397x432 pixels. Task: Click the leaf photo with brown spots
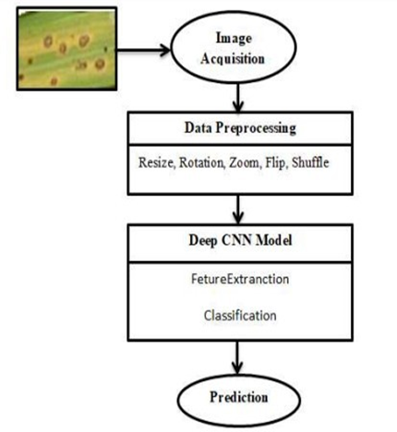(x=66, y=49)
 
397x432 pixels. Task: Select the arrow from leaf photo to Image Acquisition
(x=143, y=50)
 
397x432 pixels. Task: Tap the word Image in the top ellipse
(x=234, y=38)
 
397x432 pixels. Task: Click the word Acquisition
(x=233, y=58)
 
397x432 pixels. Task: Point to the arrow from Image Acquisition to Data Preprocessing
(x=237, y=97)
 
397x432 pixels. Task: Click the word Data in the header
(x=198, y=127)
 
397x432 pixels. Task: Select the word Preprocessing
(x=256, y=128)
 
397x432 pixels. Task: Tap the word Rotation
(x=202, y=162)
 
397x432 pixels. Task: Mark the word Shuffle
(x=310, y=162)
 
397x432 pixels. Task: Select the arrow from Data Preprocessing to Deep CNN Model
(x=237, y=210)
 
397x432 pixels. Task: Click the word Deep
(x=203, y=241)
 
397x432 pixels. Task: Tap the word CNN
(x=237, y=240)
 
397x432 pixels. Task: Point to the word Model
(x=274, y=240)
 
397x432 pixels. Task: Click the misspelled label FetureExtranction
(x=240, y=279)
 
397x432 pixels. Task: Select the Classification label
(x=240, y=316)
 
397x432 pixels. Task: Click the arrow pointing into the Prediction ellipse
(x=237, y=357)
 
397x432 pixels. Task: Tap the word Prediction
(x=239, y=397)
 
